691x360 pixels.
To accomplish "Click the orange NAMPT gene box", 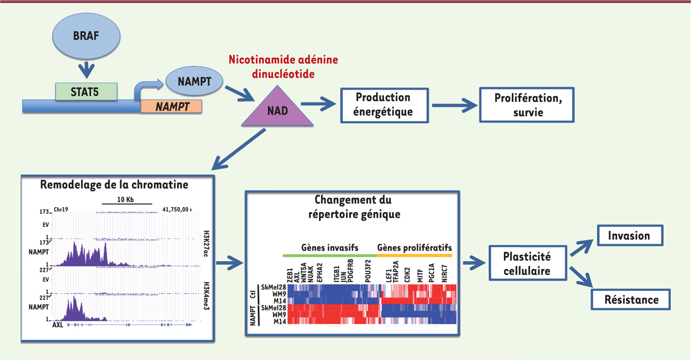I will [x=171, y=106].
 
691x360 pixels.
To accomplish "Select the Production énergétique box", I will [x=384, y=104].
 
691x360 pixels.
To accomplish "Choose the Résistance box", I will [x=632, y=300].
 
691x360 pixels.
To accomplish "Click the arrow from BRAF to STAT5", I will [x=86, y=69].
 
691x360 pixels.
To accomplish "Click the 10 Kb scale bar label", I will [x=126, y=199].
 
